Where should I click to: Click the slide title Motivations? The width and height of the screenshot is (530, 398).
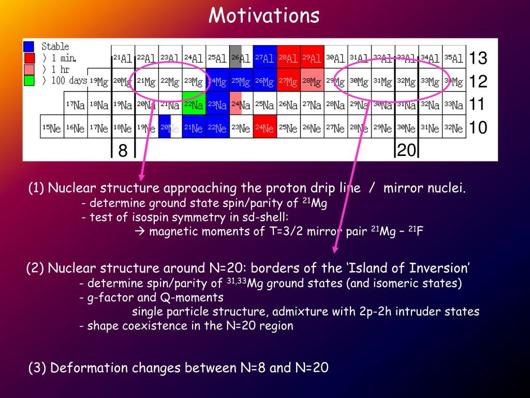(x=264, y=16)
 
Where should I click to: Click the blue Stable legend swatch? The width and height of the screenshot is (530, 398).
(x=29, y=47)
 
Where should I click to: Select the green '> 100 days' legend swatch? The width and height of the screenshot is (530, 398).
(x=29, y=80)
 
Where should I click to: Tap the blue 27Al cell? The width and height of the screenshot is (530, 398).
(x=264, y=58)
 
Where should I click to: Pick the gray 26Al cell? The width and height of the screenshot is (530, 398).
(x=241, y=58)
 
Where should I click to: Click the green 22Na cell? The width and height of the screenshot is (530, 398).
(x=194, y=104)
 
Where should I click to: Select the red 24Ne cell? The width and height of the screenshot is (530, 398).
(x=264, y=126)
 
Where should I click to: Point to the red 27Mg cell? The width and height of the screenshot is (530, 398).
(x=288, y=80)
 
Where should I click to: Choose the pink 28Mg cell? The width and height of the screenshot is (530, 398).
(x=312, y=80)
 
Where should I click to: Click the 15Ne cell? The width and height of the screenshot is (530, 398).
(x=52, y=126)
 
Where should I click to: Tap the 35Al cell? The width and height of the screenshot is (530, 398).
(x=453, y=58)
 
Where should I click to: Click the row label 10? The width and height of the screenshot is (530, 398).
(x=478, y=127)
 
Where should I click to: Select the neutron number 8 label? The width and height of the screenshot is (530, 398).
(x=123, y=151)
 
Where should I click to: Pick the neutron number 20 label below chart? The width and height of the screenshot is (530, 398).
(x=406, y=151)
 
